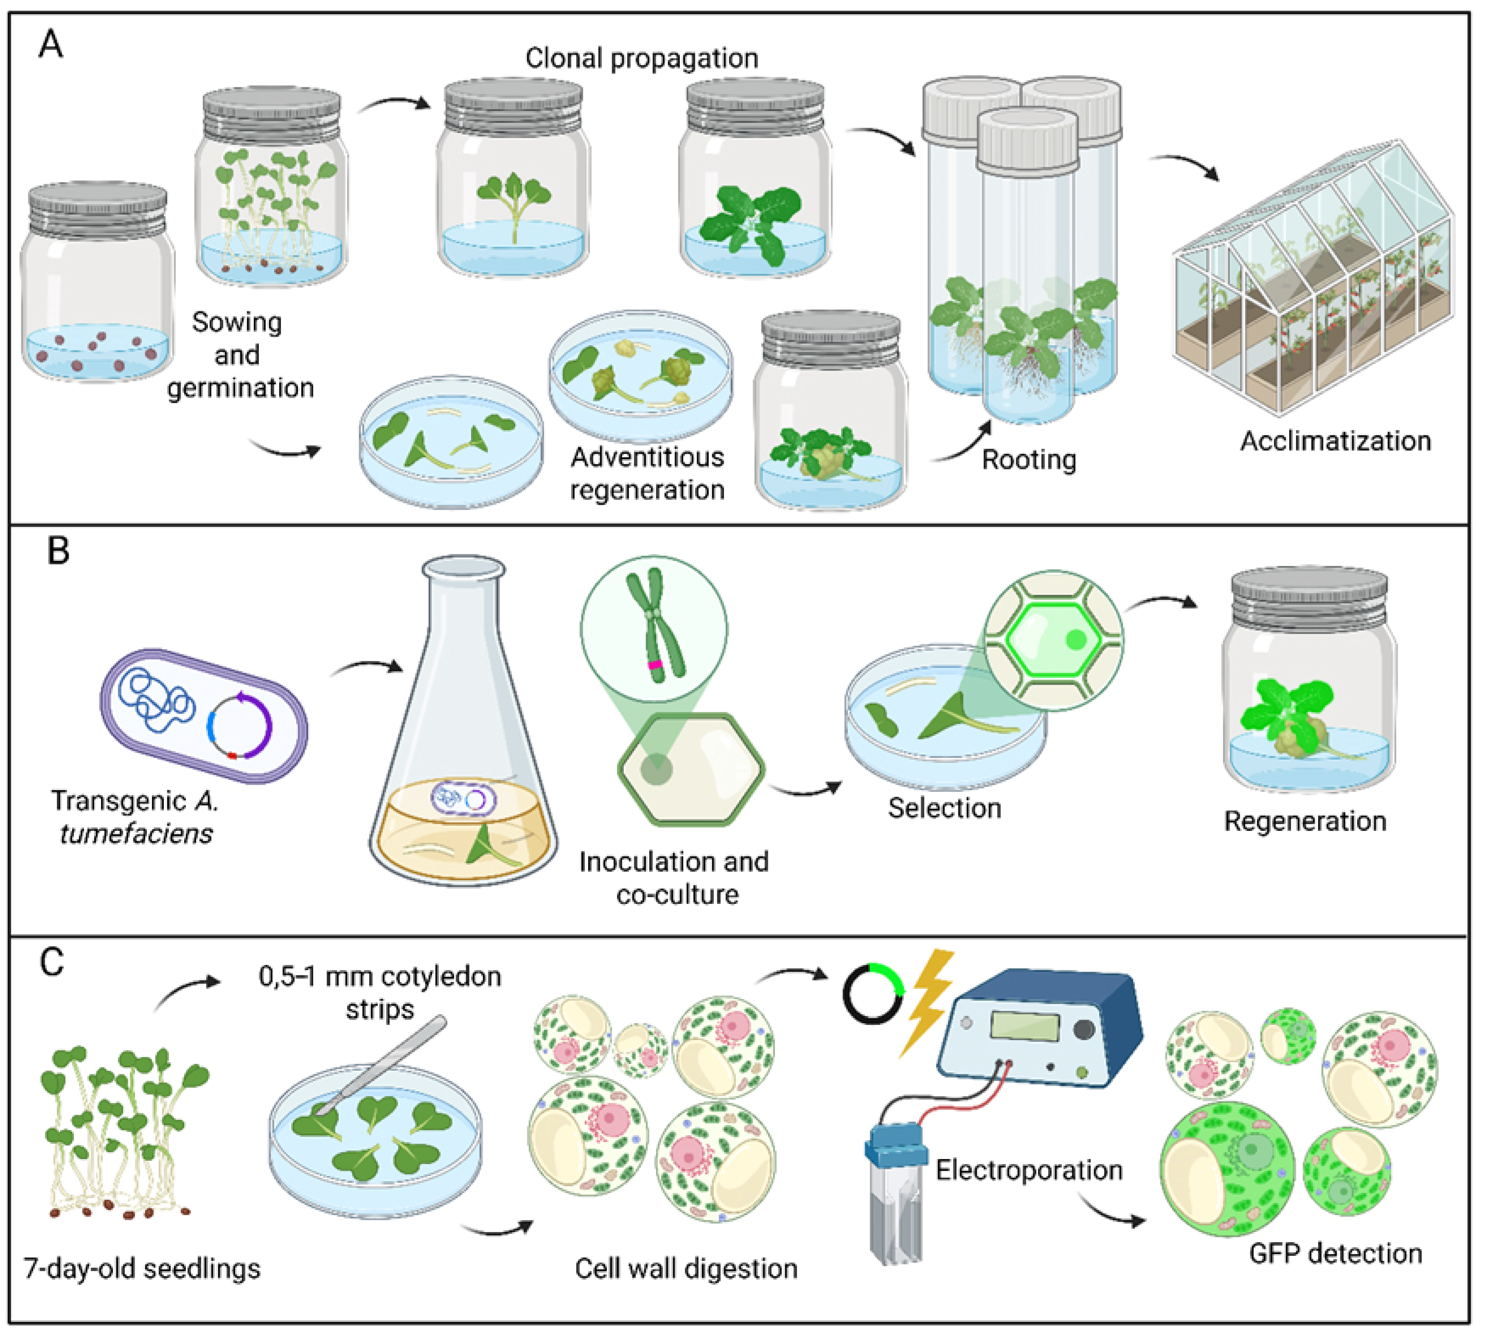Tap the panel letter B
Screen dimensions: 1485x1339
(58, 550)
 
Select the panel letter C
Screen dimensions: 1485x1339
(51, 962)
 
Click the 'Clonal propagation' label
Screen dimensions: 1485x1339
(641, 58)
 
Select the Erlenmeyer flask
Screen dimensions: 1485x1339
(463, 720)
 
